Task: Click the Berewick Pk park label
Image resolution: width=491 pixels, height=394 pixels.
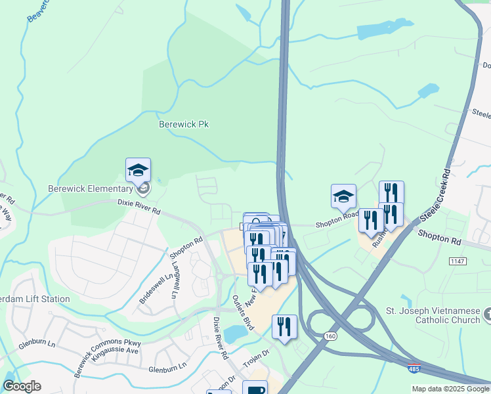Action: pos(184,123)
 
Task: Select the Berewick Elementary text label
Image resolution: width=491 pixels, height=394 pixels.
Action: pos(91,189)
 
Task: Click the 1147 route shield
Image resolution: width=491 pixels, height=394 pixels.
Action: pos(458,261)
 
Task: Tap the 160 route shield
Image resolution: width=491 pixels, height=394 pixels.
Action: pos(330,336)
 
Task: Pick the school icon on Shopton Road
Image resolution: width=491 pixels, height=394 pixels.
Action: pos(343,196)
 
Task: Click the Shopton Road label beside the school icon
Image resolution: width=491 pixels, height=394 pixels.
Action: pos(337,224)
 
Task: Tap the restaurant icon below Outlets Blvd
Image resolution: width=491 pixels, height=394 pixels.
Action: pos(284,328)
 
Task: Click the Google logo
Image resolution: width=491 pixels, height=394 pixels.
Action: pos(22,386)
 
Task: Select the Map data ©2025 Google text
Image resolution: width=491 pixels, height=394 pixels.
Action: pos(450,389)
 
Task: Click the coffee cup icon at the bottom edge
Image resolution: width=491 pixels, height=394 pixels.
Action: pos(255,389)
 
